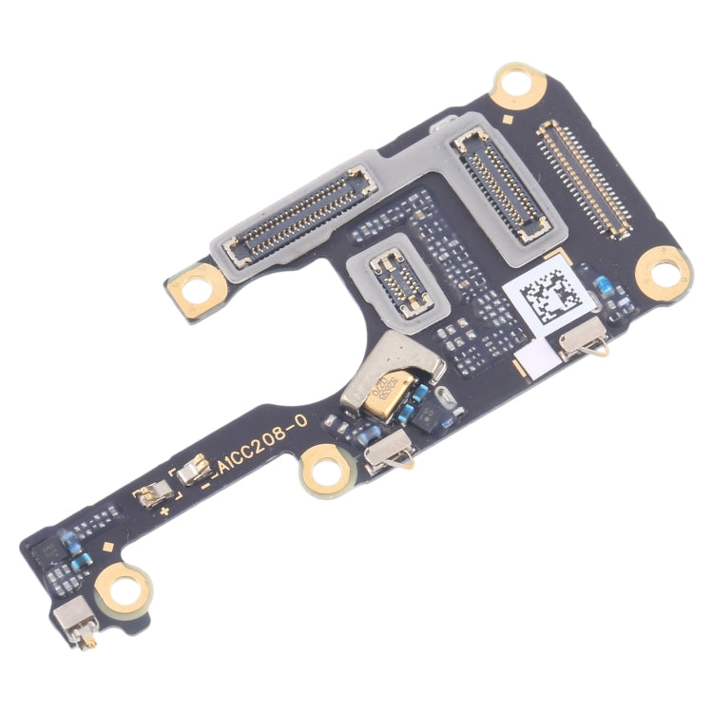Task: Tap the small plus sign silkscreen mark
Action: [164, 512]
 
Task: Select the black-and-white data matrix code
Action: [551, 296]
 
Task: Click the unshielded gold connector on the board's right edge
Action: [583, 178]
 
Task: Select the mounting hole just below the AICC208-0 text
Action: [322, 472]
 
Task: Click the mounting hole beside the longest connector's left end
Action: [197, 282]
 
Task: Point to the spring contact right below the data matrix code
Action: [582, 341]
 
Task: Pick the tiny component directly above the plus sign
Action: [154, 493]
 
